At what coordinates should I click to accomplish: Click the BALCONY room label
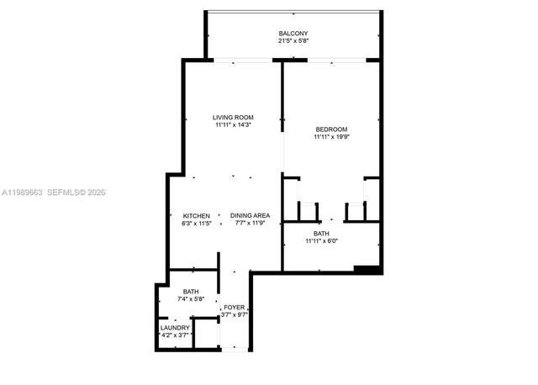click(x=293, y=34)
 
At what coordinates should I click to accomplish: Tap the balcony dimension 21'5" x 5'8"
click(x=293, y=41)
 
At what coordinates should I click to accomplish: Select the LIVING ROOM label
click(x=233, y=117)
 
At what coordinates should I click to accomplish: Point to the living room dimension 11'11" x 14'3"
click(x=233, y=124)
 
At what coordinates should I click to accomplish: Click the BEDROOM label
click(x=331, y=129)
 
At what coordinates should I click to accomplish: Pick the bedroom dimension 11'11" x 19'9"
click(x=331, y=136)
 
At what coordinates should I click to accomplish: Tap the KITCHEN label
click(x=196, y=216)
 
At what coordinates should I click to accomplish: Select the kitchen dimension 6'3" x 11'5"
click(x=196, y=224)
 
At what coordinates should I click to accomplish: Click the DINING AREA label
click(x=250, y=216)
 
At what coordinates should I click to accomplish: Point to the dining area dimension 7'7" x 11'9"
click(x=250, y=224)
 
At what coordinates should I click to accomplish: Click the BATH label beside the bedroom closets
click(x=321, y=234)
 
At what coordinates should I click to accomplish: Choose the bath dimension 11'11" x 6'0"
click(x=321, y=241)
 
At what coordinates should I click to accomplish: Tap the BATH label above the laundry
click(x=191, y=292)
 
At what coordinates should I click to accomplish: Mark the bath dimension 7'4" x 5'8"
click(x=191, y=299)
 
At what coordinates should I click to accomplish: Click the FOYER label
click(x=234, y=308)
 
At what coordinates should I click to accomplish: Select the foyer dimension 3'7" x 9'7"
click(x=234, y=315)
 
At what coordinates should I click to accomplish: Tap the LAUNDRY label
click(x=175, y=327)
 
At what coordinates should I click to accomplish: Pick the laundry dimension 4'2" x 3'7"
click(x=175, y=335)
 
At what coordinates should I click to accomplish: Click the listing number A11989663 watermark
click(x=24, y=192)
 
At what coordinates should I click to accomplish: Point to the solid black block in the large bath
click(x=367, y=269)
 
